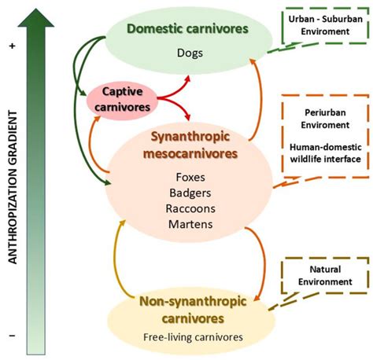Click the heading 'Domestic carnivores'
coord(189,29)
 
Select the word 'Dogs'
coord(189,53)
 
